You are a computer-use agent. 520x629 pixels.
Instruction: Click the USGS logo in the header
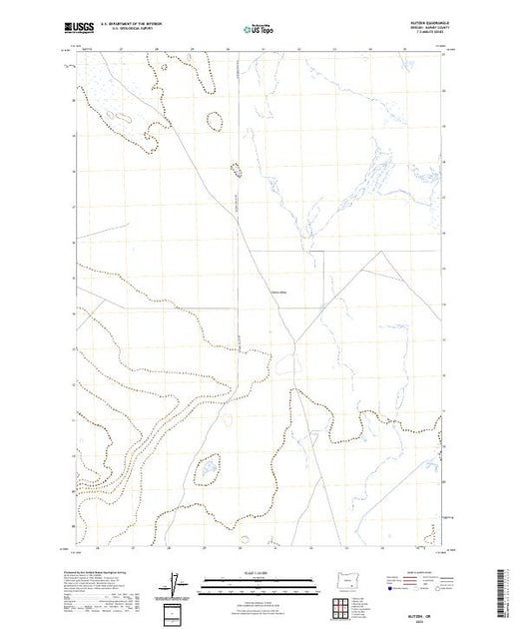pos(73,28)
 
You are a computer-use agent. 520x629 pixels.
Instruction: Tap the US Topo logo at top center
pos(259,28)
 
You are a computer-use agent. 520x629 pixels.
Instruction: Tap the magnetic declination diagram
pos(173,581)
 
